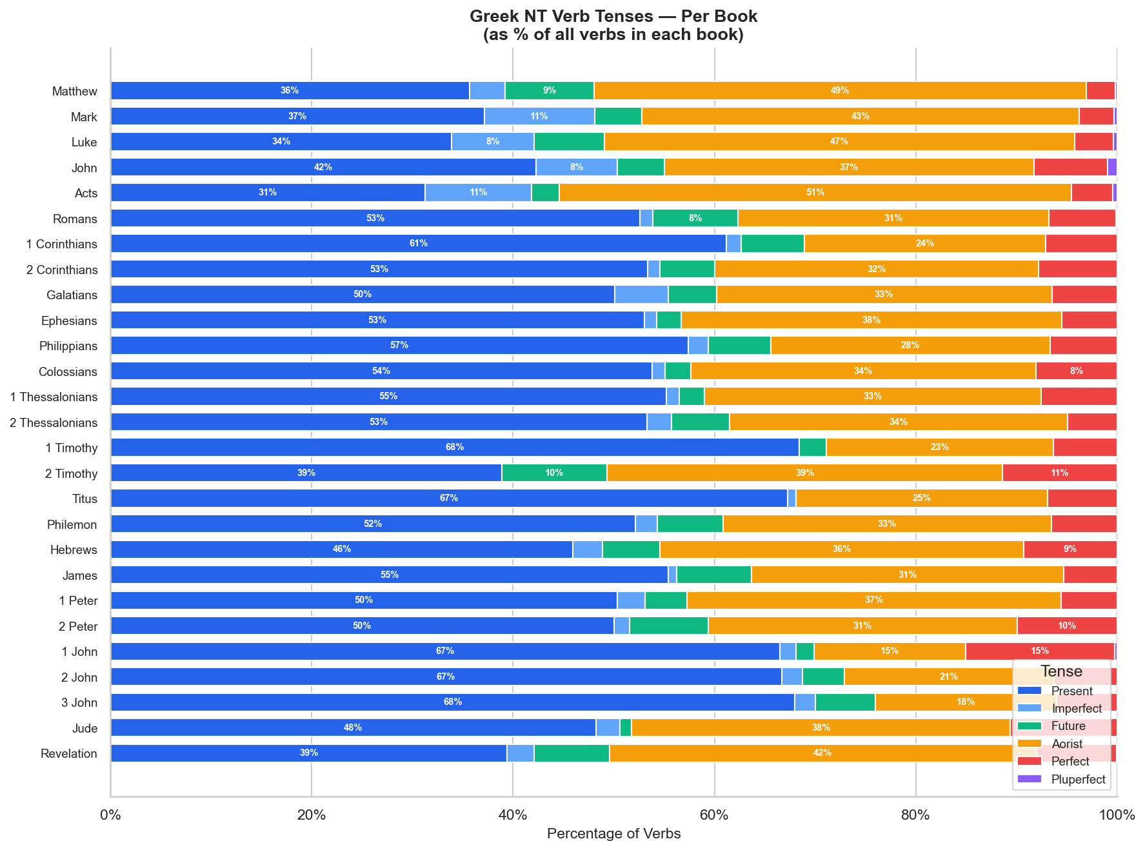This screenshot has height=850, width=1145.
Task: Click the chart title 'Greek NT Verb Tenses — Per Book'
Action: pyautogui.click(x=613, y=16)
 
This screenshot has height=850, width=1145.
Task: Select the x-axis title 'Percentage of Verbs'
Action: pyautogui.click(x=613, y=834)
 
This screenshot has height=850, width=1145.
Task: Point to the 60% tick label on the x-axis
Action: pyautogui.click(x=714, y=815)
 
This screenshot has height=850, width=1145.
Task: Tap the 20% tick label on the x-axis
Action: pyautogui.click(x=311, y=815)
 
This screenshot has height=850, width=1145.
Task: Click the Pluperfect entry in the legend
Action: pyautogui.click(x=1061, y=779)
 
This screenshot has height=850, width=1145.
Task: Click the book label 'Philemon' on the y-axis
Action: pyautogui.click(x=72, y=524)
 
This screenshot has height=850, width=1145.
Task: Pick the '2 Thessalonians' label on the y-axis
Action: pyautogui.click(x=54, y=422)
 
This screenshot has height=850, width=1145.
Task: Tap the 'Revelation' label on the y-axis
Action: pyautogui.click(x=69, y=753)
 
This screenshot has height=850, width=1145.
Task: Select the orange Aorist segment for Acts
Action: pyautogui.click(x=815, y=193)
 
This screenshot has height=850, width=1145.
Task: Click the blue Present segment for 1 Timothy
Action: pyautogui.click(x=455, y=448)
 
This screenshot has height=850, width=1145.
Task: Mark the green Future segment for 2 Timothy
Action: pyautogui.click(x=554, y=473)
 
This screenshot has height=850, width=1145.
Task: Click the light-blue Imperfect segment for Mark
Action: pyautogui.click(x=539, y=117)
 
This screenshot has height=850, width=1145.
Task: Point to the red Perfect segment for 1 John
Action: pyautogui.click(x=1040, y=651)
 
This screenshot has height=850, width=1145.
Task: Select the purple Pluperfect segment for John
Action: pyautogui.click(x=1112, y=168)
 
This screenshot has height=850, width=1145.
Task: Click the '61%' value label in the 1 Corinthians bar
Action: pyautogui.click(x=419, y=244)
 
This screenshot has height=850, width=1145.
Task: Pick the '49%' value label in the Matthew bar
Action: pyautogui.click(x=840, y=91)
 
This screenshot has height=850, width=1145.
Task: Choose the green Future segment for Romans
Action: pyautogui.click(x=695, y=218)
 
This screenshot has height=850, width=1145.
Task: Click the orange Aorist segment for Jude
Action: pyautogui.click(x=821, y=727)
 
